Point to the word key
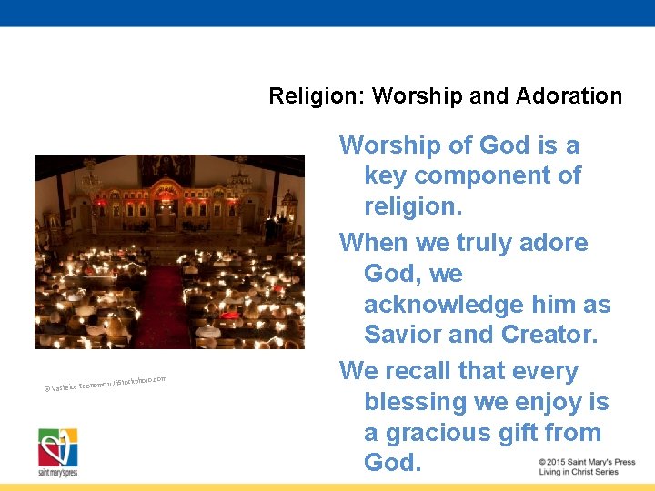(385, 175)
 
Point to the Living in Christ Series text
(578, 473)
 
